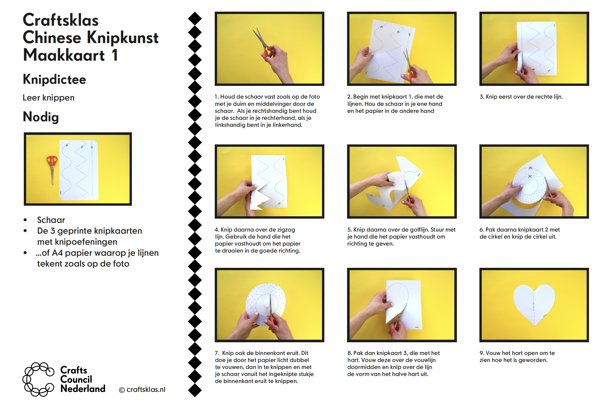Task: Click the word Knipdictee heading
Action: coord(54,80)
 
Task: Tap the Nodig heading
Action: coord(41,117)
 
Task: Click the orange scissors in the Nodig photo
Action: coord(52,169)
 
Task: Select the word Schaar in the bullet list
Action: coord(51,220)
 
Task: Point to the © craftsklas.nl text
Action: coord(142,390)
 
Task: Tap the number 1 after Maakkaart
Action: coord(115,55)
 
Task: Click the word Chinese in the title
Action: coord(52,38)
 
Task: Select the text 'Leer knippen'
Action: coord(48,98)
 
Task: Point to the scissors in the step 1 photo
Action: coord(264,45)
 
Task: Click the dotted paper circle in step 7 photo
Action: coord(265,305)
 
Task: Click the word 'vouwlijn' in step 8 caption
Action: coord(425,360)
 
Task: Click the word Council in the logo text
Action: coord(76,379)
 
